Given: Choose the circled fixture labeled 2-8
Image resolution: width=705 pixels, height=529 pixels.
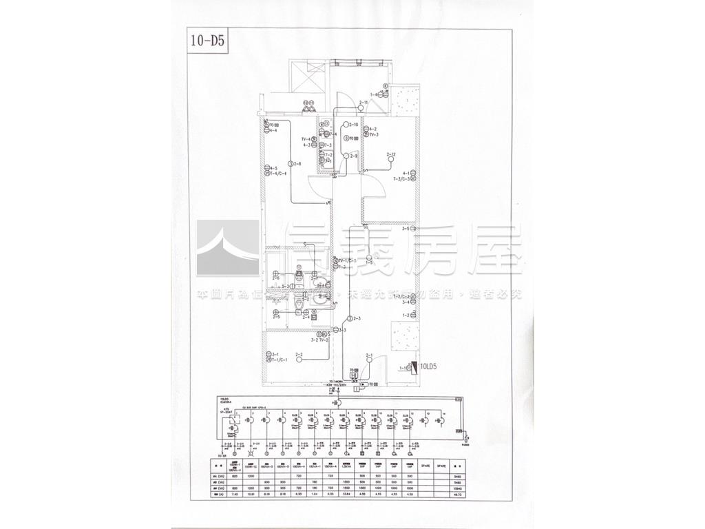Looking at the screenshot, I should [x=292, y=164].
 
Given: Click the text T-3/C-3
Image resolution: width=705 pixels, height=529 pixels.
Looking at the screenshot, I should [x=402, y=178].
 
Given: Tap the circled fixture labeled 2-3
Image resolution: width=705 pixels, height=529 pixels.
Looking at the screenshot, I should [x=350, y=319].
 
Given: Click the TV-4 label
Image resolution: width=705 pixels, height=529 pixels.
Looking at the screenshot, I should [x=306, y=139].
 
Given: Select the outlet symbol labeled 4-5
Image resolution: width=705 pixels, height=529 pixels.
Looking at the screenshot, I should [x=266, y=167].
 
